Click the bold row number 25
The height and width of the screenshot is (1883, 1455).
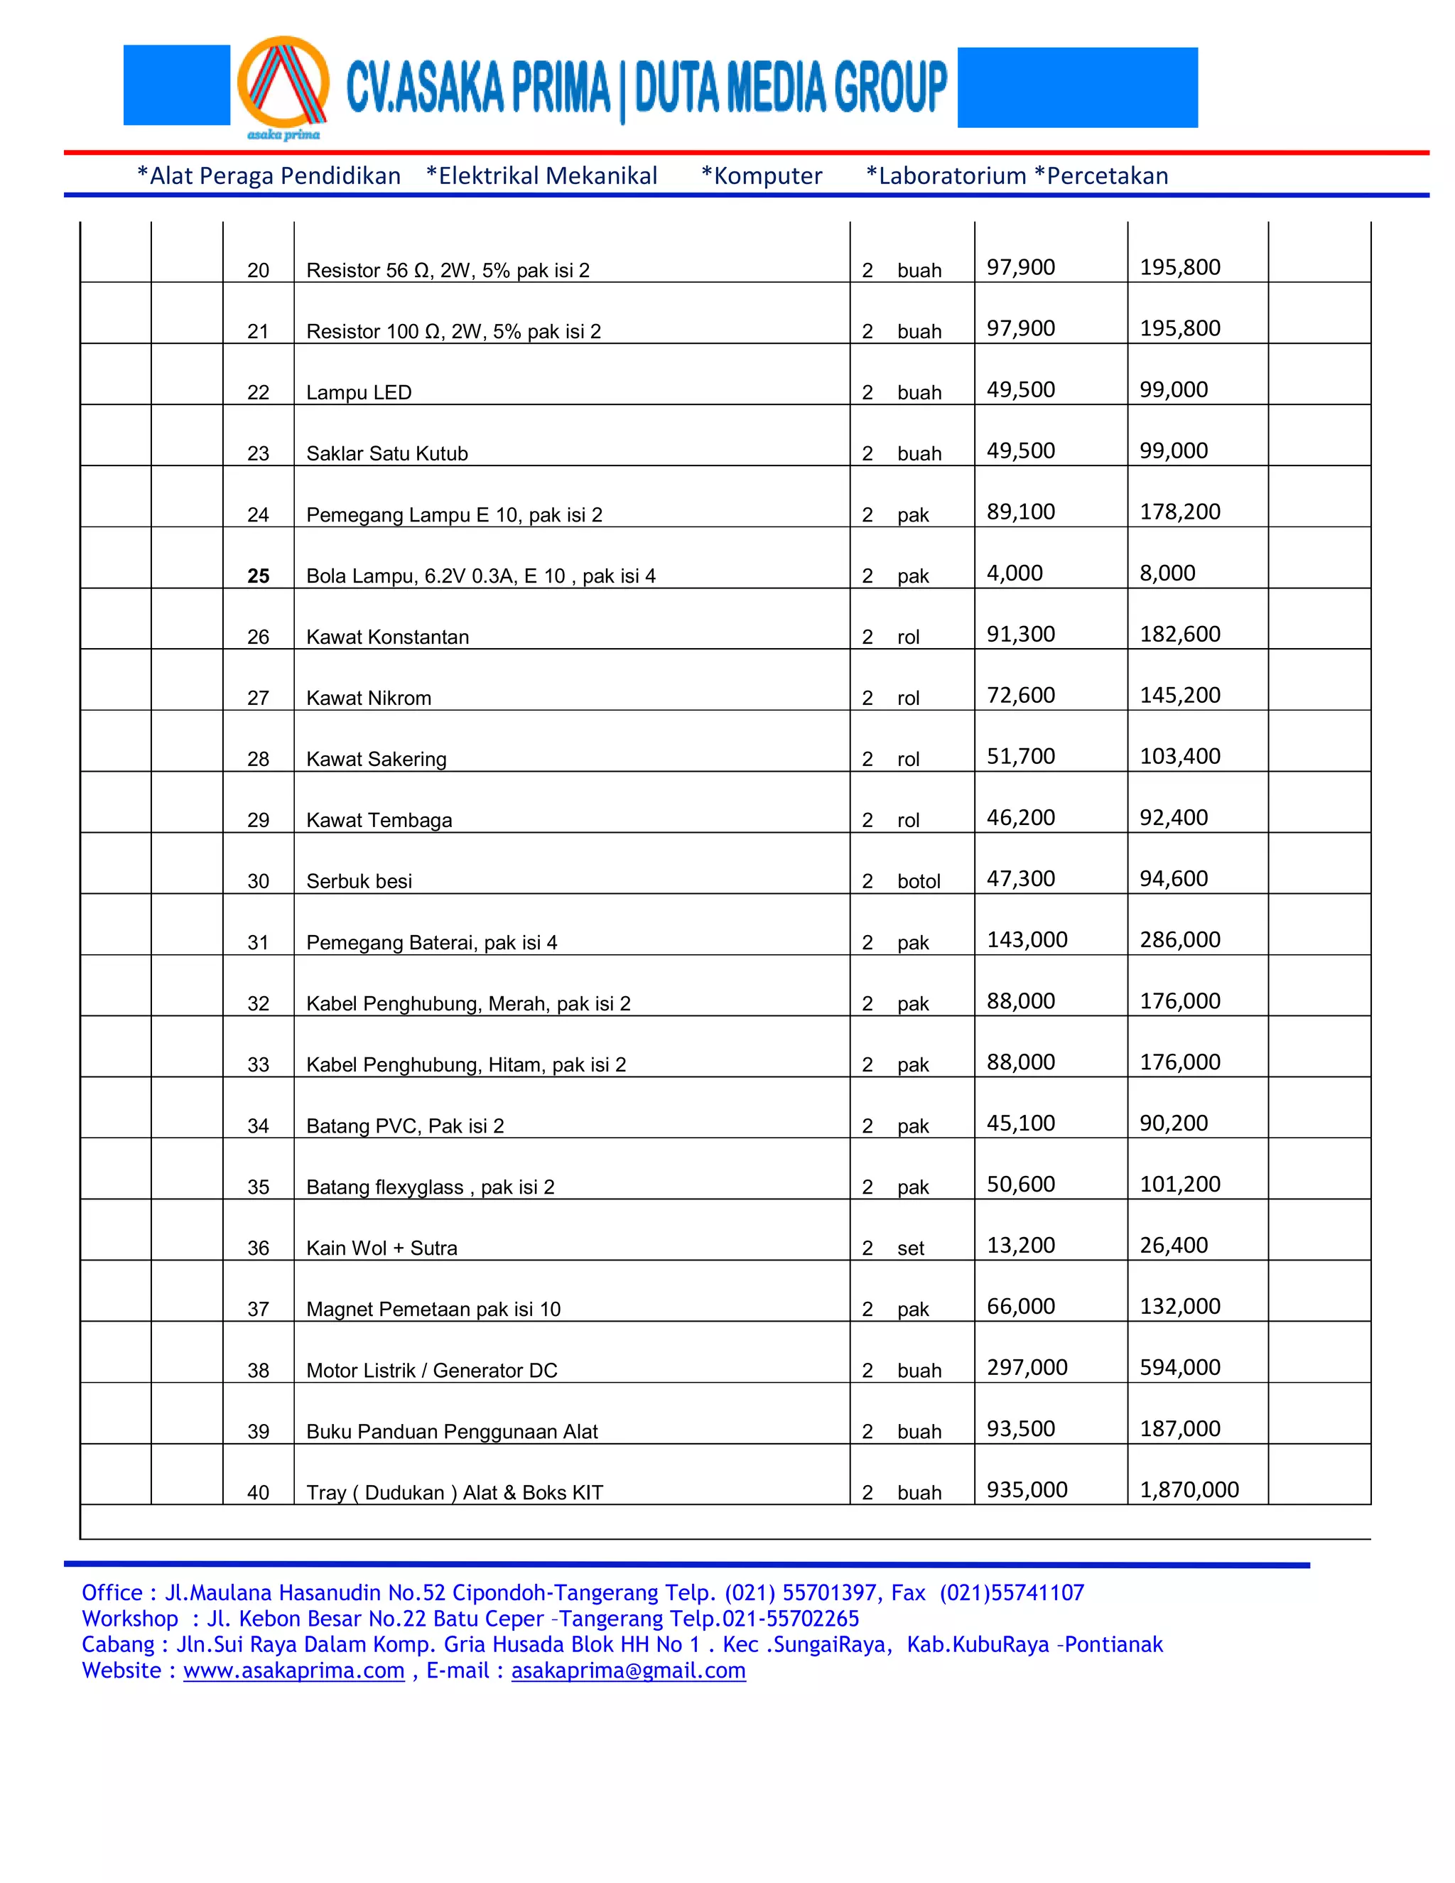[258, 576]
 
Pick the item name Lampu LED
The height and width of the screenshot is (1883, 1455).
[359, 392]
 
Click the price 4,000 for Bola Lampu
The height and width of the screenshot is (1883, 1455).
[1014, 573]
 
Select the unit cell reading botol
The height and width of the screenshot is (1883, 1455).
[918, 881]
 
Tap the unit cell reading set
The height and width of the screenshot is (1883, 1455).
[910, 1248]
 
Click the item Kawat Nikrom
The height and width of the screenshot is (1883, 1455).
[368, 698]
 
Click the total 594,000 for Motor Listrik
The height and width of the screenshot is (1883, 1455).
[1179, 1366]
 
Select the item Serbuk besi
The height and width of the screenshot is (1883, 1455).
[359, 881]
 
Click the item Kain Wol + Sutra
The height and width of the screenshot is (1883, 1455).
[381, 1248]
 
